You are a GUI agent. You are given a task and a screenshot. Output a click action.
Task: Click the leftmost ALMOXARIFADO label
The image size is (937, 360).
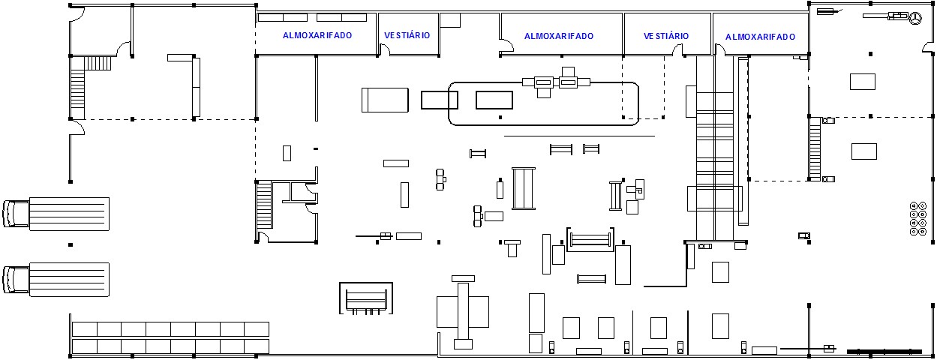317,35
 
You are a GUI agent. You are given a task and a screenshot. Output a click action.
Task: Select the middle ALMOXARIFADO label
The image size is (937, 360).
559,36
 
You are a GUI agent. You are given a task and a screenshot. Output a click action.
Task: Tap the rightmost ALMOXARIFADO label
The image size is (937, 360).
760,37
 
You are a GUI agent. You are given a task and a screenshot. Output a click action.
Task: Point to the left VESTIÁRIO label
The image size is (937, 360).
407,35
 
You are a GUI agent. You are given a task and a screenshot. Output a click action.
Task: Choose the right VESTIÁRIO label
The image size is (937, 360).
666,36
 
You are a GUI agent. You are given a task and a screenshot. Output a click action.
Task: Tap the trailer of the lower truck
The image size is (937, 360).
69,279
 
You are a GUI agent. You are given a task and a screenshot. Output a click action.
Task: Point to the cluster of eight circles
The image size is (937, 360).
917,218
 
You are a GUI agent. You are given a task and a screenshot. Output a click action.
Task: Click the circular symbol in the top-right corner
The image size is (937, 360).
915,19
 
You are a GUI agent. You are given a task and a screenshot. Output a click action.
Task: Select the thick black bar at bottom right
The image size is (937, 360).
884,351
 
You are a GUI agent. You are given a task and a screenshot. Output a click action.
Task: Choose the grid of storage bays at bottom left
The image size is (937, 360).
170,337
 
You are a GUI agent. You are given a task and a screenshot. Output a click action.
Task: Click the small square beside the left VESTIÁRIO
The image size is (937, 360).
449,20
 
